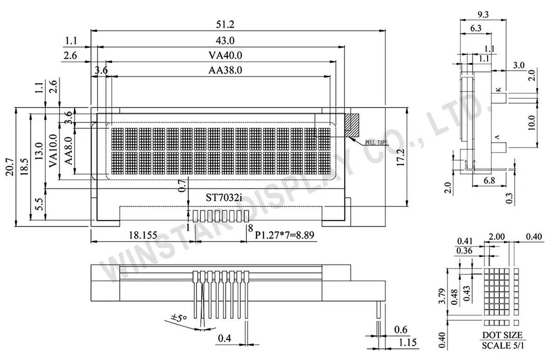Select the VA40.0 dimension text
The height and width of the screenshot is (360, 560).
pyautogui.click(x=226, y=55)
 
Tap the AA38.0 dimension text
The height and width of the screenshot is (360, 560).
pyautogui.click(x=226, y=71)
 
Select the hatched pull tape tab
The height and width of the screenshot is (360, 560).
pyautogui.click(x=351, y=125)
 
